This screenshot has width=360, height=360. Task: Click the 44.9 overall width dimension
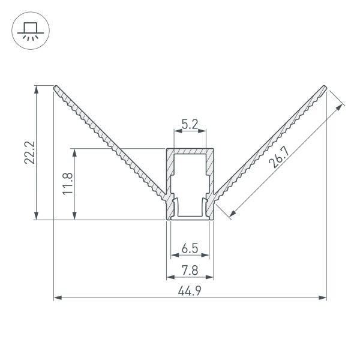tap(190, 290)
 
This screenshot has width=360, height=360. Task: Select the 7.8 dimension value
tap(190, 271)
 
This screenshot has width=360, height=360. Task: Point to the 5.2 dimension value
tap(190, 125)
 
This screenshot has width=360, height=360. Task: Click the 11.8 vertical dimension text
tap(68, 184)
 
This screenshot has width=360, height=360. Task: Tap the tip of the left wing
tap(56, 88)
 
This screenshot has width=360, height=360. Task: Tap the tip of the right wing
tap(325, 88)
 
